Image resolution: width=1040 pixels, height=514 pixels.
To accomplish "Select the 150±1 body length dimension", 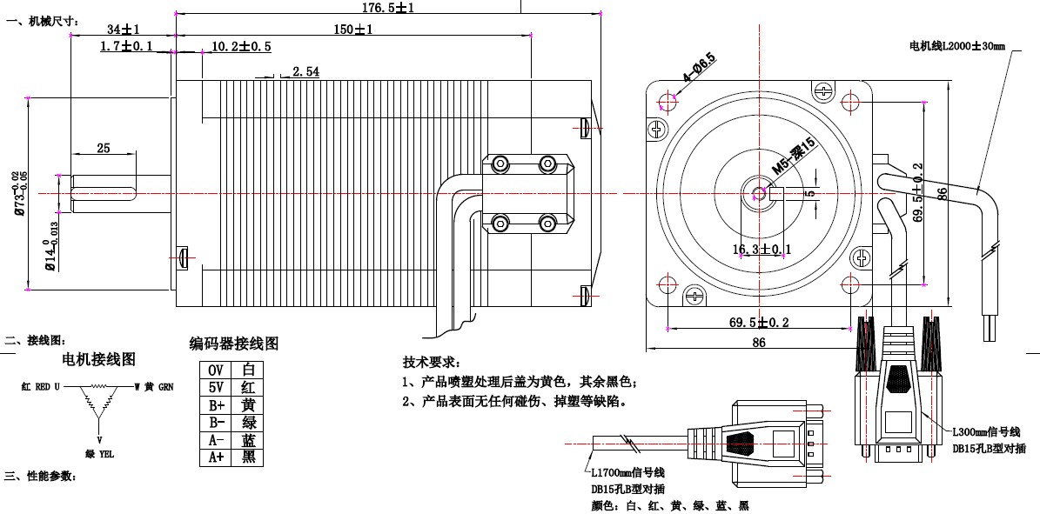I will click(353, 30).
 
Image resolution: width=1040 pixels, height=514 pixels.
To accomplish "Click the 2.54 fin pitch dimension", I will click(305, 71).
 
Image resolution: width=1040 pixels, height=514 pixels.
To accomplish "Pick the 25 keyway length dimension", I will click(104, 149).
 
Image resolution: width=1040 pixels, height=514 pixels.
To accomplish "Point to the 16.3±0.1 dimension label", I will click(762, 250).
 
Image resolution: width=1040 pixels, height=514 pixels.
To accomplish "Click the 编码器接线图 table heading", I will click(234, 344).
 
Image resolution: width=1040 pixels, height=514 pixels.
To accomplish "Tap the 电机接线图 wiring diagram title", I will click(98, 359).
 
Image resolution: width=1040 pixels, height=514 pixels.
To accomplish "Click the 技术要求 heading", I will click(431, 362).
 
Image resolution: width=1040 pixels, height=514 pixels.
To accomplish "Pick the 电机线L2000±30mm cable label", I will click(956, 45).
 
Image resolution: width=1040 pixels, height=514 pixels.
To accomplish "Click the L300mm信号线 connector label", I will click(985, 432).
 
